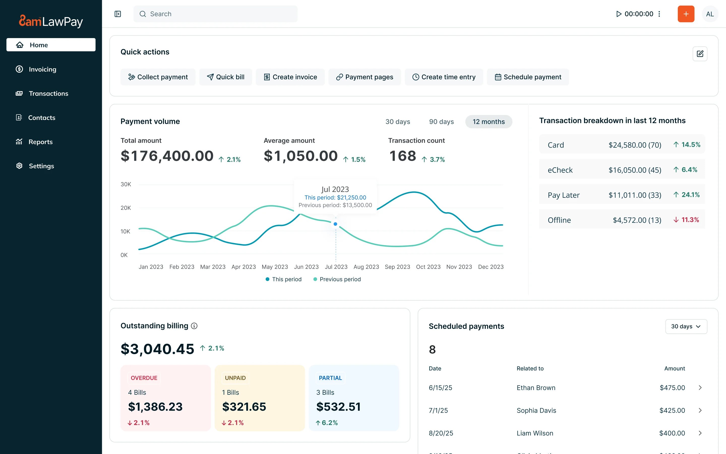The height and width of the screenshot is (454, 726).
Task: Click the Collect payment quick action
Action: (158, 77)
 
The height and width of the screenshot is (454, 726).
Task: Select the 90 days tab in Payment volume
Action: (441, 122)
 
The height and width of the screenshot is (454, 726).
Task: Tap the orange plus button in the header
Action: (686, 14)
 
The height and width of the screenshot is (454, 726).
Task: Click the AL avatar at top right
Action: (710, 14)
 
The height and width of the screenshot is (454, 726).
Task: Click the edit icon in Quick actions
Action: (700, 54)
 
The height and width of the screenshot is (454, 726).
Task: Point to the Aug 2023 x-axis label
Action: (366, 267)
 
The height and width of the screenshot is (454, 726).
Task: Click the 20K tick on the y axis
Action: (126, 208)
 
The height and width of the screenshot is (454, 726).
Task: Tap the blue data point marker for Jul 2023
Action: (336, 224)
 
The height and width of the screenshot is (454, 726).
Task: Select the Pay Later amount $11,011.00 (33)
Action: (635, 195)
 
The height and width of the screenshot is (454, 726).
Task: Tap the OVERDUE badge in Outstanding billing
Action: (144, 378)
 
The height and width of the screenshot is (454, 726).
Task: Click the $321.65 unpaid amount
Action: (244, 407)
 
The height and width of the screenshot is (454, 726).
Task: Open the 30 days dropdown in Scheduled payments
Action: (686, 326)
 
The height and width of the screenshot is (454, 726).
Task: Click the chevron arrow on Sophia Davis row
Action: (700, 410)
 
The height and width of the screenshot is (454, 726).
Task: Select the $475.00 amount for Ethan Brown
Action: (672, 388)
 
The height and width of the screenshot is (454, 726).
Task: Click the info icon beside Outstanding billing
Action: (194, 326)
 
